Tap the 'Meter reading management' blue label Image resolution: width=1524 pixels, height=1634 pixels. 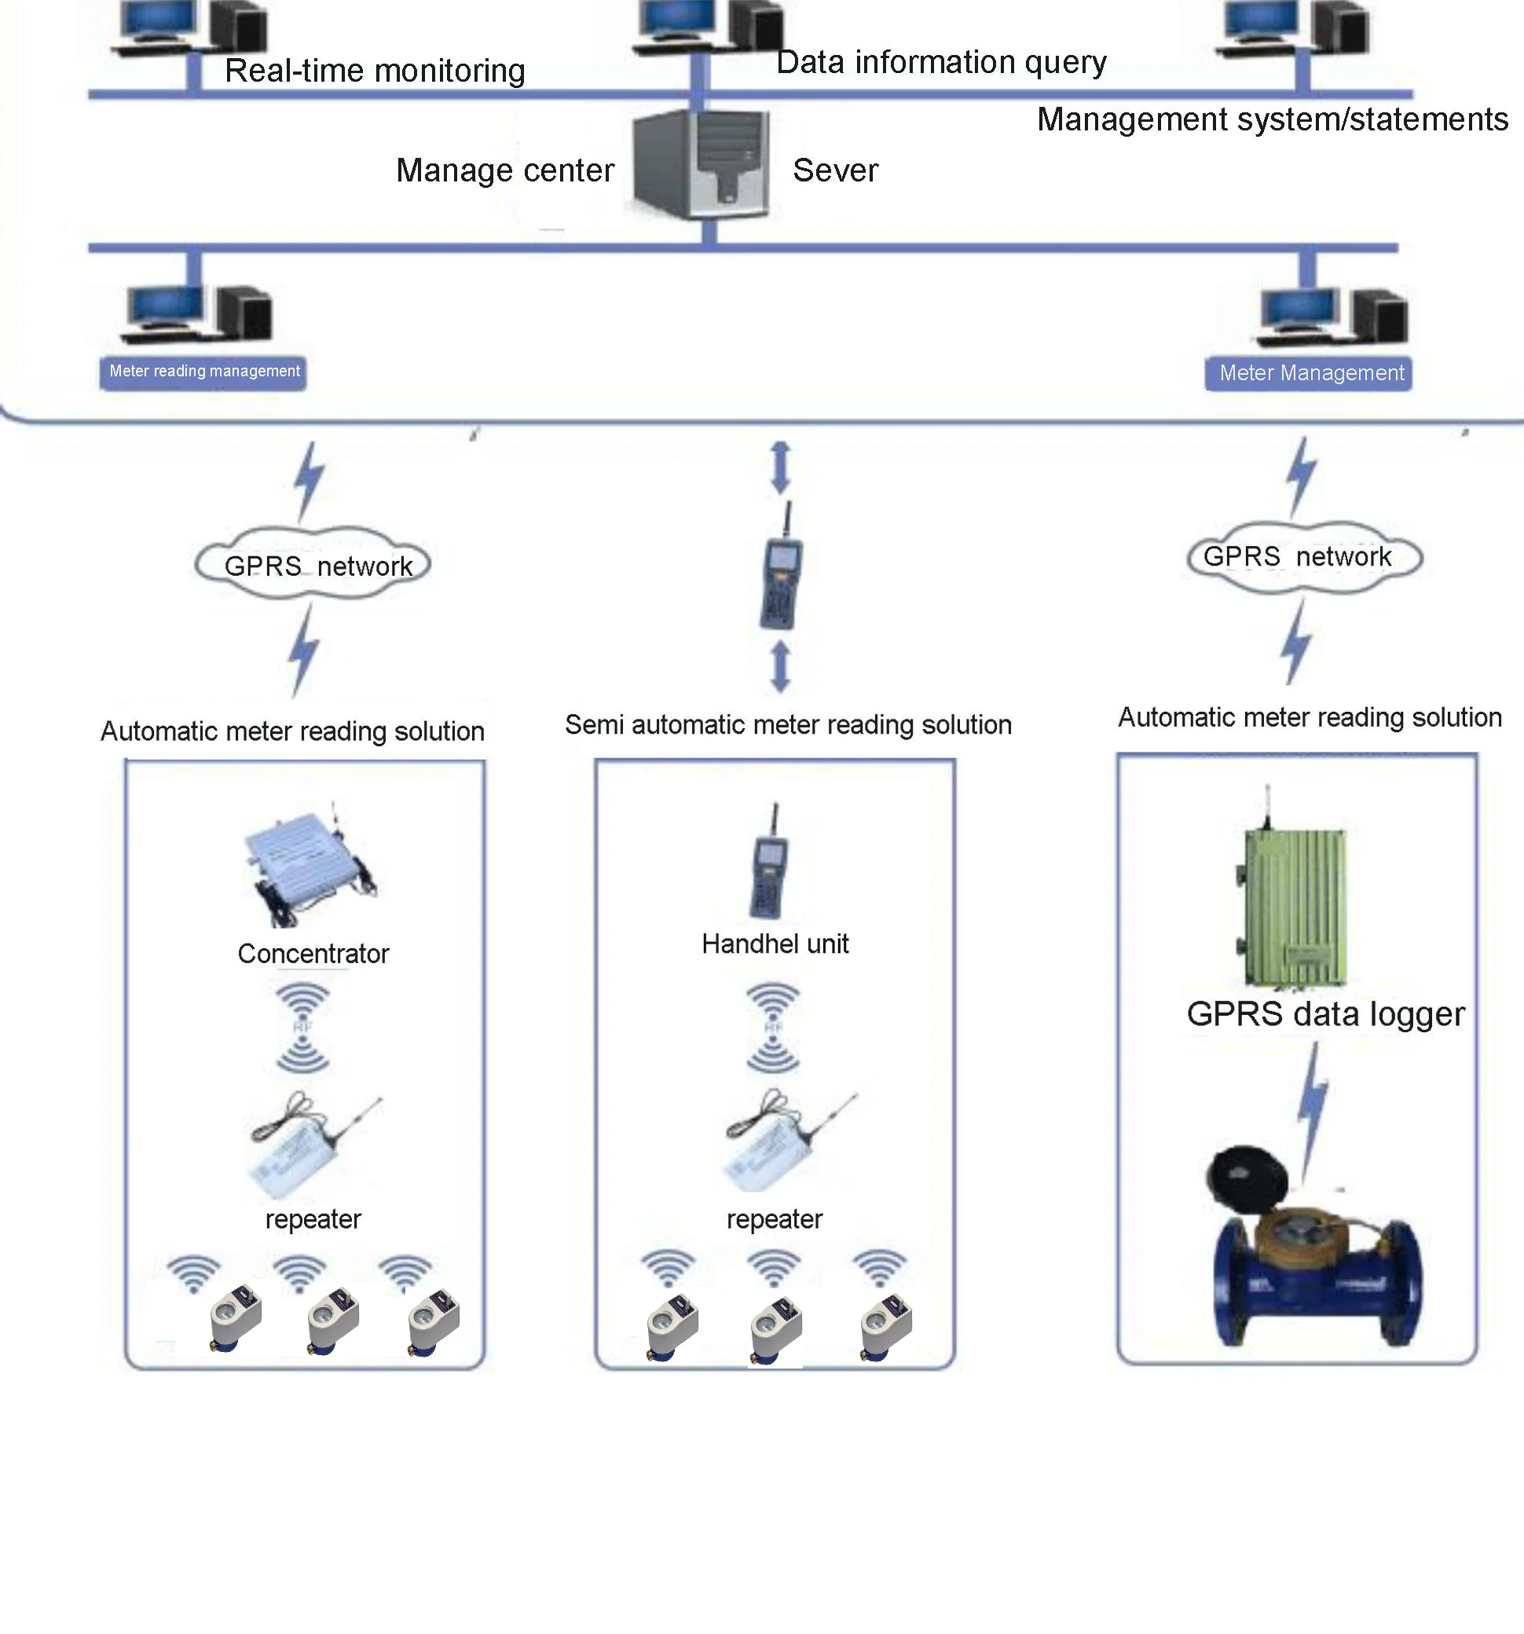pos(204,372)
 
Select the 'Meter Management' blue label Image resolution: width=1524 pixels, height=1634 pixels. pos(1310,374)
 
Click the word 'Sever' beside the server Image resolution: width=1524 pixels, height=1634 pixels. pos(834,171)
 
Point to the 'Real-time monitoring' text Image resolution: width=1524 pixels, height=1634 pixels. pos(374,71)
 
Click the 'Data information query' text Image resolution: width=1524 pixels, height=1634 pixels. pos(940,63)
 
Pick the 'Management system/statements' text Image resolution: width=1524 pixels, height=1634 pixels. pos(1271,120)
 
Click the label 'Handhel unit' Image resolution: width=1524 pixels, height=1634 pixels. pos(775,943)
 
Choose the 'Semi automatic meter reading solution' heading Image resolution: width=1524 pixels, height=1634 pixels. pos(787,725)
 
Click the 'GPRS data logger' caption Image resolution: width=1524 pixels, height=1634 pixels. pos(1324,1014)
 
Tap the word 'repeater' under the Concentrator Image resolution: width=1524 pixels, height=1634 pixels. pos(313,1219)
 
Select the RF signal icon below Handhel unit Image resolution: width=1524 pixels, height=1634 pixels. pos(773,1028)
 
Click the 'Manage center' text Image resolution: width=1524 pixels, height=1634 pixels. pos(504,171)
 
